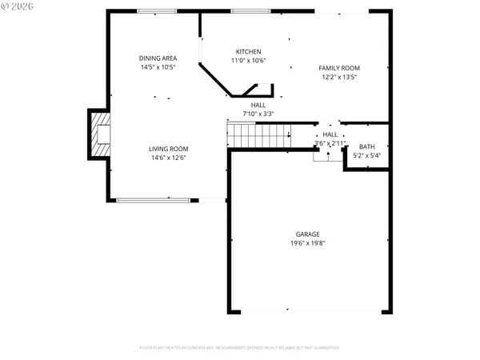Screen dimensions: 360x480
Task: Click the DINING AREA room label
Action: [x=158, y=58]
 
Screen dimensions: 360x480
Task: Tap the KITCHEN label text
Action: [x=248, y=51]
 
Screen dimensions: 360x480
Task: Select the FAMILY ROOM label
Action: [x=339, y=68]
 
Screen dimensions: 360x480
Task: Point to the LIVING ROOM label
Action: [x=168, y=148]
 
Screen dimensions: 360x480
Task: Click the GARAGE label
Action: [x=308, y=234]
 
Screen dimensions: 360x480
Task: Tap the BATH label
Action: [x=366, y=146]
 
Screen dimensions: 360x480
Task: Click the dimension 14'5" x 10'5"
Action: [x=158, y=67]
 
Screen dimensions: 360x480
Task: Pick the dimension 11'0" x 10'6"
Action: [x=248, y=60]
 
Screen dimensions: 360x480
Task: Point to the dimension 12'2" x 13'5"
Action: [x=339, y=77]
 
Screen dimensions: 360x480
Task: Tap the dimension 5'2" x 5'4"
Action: [x=366, y=155]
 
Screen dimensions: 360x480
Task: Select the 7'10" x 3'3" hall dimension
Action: [x=258, y=114]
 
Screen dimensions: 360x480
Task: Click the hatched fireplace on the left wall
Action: [x=100, y=134]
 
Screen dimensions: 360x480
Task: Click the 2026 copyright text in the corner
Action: [x=18, y=6]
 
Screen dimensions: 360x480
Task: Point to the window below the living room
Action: [x=154, y=200]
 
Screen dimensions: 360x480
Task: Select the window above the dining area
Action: [x=158, y=10]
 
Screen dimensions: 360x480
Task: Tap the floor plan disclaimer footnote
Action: [x=240, y=348]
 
